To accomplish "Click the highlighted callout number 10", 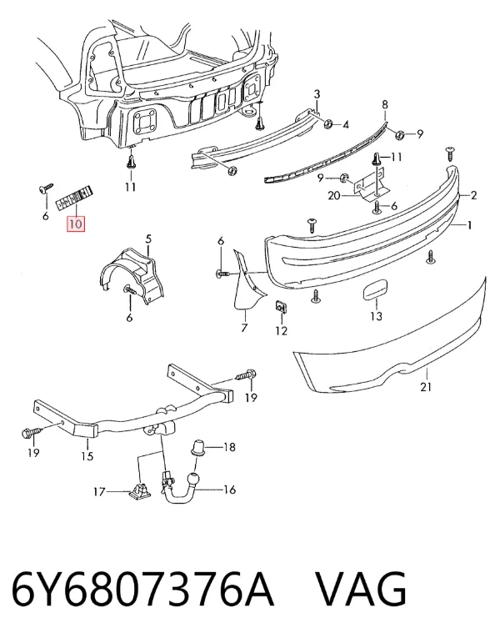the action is pyautogui.click(x=76, y=224).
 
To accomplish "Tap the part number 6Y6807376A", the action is pyautogui.click(x=142, y=590).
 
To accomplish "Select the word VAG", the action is pyautogui.click(x=362, y=590).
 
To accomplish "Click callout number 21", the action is pyautogui.click(x=426, y=386).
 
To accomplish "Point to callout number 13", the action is pyautogui.click(x=376, y=316).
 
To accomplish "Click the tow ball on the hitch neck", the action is pyautogui.click(x=192, y=480).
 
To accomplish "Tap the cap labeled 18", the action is pyautogui.click(x=198, y=447).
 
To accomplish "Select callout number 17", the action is pyautogui.click(x=99, y=491).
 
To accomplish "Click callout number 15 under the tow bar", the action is pyautogui.click(x=87, y=455).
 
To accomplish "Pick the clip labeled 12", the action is pyautogui.click(x=281, y=307).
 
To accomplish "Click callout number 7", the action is pyautogui.click(x=244, y=328).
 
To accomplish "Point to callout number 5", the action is pyautogui.click(x=148, y=239).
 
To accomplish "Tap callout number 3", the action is pyautogui.click(x=317, y=94).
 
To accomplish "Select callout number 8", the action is pyautogui.click(x=385, y=104).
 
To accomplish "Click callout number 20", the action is pyautogui.click(x=334, y=196).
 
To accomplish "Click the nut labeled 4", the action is pyautogui.click(x=328, y=123).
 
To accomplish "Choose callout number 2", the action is pyautogui.click(x=474, y=195).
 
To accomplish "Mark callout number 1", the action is pyautogui.click(x=470, y=224).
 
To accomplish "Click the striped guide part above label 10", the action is pyautogui.click(x=75, y=198).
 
